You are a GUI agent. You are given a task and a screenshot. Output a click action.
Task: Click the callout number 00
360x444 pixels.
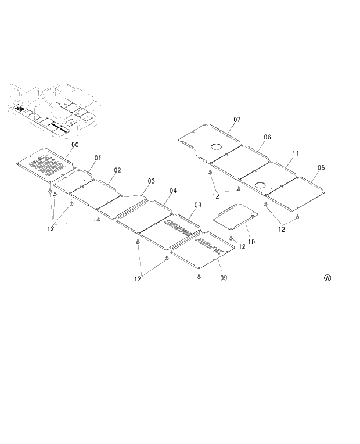[x=75, y=144]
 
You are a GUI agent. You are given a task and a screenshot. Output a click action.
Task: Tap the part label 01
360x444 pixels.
[x=98, y=157]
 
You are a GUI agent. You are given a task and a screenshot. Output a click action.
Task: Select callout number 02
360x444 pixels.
[x=117, y=170]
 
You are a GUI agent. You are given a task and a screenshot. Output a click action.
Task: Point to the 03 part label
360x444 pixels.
[x=151, y=181]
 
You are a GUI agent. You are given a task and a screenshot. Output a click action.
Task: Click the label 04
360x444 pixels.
[x=173, y=191]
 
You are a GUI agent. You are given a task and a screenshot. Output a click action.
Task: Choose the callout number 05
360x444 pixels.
[x=321, y=167]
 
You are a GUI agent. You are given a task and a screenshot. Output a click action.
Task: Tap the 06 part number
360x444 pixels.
[x=267, y=137]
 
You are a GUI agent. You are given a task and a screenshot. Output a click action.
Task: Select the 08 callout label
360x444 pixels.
[x=198, y=205]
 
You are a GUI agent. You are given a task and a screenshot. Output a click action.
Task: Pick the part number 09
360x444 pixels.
[x=224, y=278]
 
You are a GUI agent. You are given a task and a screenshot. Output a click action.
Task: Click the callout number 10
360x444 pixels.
[x=251, y=241]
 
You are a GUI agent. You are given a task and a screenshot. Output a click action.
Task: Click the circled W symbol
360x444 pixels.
[x=327, y=278]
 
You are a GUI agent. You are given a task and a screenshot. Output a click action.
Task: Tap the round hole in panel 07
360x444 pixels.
[x=218, y=147]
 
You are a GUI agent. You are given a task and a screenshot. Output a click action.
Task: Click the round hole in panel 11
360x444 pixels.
[x=261, y=185]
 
